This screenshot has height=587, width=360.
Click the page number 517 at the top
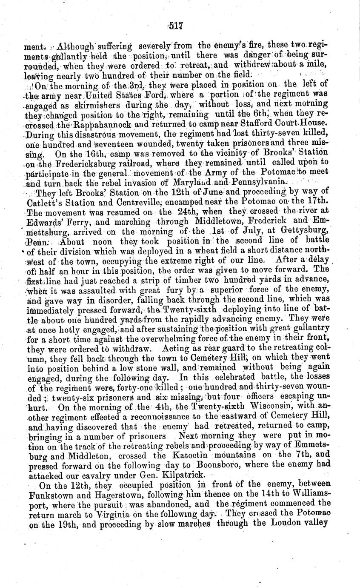(x=175, y=26)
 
